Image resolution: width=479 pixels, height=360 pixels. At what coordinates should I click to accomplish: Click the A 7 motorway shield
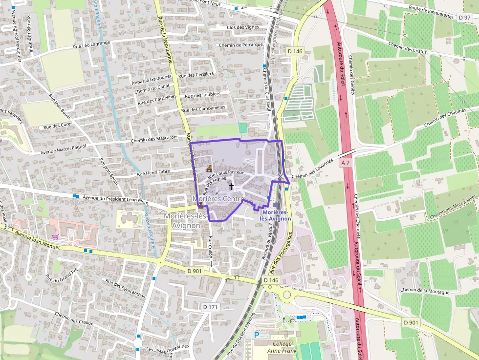coord(346,162)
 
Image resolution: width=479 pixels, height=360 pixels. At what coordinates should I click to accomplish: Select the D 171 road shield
coord(210,307)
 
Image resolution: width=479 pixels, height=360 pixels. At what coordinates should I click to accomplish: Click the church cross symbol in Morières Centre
coord(231,186)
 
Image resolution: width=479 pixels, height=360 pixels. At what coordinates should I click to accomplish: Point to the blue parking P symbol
coord(257,335)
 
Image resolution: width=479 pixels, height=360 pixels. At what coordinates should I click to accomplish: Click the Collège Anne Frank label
coord(282,347)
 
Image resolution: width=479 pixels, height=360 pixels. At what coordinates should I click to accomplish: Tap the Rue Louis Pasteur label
coord(225,172)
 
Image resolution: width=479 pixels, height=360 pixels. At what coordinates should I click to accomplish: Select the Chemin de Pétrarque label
coord(241,45)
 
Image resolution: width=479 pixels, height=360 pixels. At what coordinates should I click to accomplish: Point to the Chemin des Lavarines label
coord(312,169)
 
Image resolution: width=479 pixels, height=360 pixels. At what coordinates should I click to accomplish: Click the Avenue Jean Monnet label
coord(37,240)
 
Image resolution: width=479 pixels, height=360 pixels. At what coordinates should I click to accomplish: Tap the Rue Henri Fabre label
coord(153,172)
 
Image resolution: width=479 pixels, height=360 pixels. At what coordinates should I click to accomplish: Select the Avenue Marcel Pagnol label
coord(64,148)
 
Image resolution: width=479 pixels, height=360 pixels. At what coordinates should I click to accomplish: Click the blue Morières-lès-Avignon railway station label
coord(276,215)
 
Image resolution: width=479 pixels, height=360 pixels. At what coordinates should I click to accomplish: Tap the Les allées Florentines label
coord(168,348)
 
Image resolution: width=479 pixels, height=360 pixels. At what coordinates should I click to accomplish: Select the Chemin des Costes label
coord(408,48)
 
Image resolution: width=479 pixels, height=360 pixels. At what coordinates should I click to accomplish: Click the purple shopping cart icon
coord(56,237)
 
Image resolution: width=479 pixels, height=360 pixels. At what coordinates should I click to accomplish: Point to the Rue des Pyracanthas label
coord(125,288)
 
